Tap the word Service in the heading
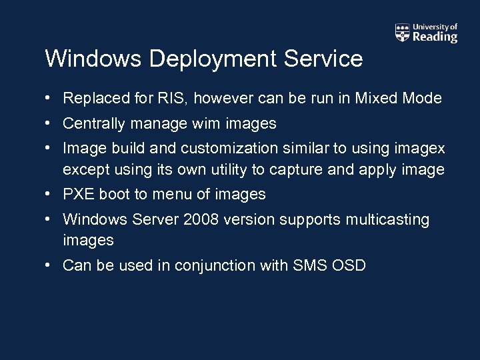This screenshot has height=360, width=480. pyautogui.click(x=323, y=59)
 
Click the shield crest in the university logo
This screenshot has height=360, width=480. pyautogui.click(x=403, y=32)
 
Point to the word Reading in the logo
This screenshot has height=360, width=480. pyautogui.click(x=435, y=37)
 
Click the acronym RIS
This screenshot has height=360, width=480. pyautogui.click(x=175, y=99)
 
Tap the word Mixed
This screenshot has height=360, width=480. pyautogui.click(x=377, y=99)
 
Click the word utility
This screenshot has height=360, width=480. pyautogui.click(x=225, y=170)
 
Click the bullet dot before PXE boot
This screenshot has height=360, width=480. pyautogui.click(x=49, y=195)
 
